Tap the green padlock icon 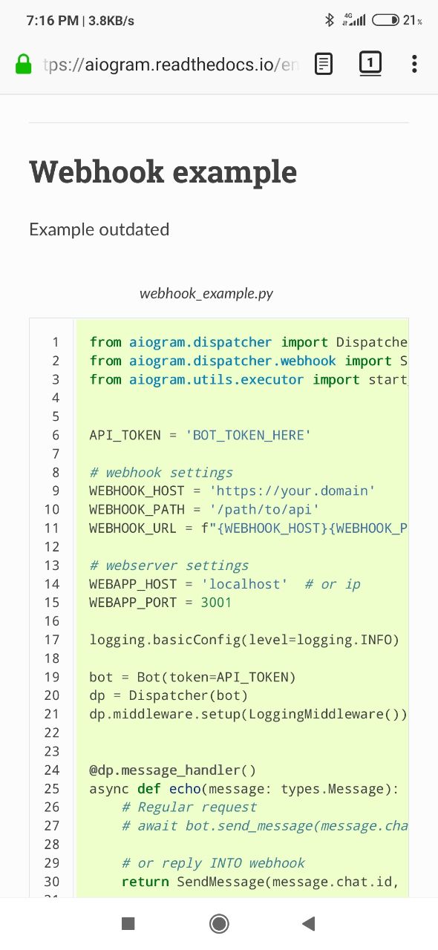click(x=23, y=64)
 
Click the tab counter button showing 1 click(x=370, y=64)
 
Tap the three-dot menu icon click(x=414, y=64)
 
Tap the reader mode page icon click(x=324, y=64)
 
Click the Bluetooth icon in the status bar click(x=329, y=20)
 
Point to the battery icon click(x=386, y=20)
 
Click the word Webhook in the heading click(x=97, y=171)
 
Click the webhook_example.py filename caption click(x=206, y=293)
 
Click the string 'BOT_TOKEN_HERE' click(x=248, y=435)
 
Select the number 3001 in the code click(x=216, y=602)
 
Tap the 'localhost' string click(x=244, y=583)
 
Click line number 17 click(x=52, y=640)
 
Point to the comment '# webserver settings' click(x=169, y=566)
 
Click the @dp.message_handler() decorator click(x=172, y=770)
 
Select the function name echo click(x=185, y=788)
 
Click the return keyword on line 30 click(x=146, y=882)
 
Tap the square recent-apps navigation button click(x=128, y=923)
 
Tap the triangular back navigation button click(x=309, y=923)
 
